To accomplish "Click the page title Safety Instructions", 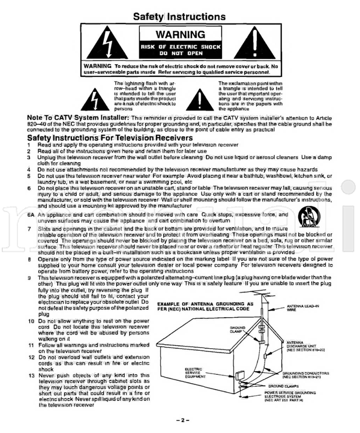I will click(179, 16).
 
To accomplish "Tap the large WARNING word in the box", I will click(179, 35).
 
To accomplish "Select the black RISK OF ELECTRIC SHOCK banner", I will click(179, 49).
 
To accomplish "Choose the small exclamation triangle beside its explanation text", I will click(201, 97).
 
